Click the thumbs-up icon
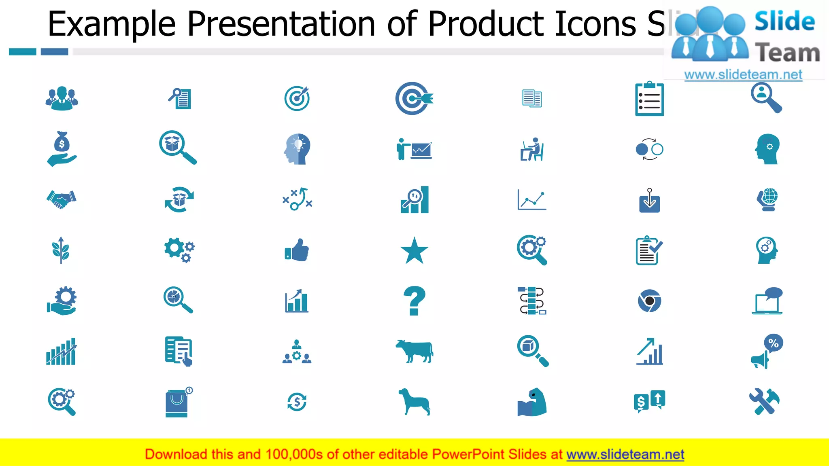point(297,250)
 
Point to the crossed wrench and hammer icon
point(764,402)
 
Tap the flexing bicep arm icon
point(532,402)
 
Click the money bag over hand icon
point(62,149)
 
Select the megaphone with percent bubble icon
point(767,351)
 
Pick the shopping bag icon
point(177,403)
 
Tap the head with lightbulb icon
point(297,149)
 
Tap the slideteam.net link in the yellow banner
point(625,454)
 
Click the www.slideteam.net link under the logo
point(743,74)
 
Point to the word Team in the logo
point(787,53)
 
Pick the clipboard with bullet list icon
point(649,99)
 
